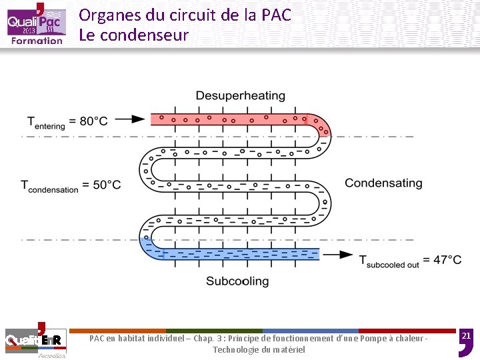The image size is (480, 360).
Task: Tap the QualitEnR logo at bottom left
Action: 34,340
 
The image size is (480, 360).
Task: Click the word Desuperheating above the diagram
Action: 240,96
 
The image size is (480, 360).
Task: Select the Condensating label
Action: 383,183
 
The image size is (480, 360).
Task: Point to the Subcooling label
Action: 237,281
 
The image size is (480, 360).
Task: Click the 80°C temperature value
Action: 93,121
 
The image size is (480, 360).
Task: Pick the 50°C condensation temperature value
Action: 107,185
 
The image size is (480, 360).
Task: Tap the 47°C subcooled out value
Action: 447,260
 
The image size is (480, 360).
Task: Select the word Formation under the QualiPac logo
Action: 37,40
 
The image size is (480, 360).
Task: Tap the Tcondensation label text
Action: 50,186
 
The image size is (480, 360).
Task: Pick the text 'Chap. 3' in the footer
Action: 207,339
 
